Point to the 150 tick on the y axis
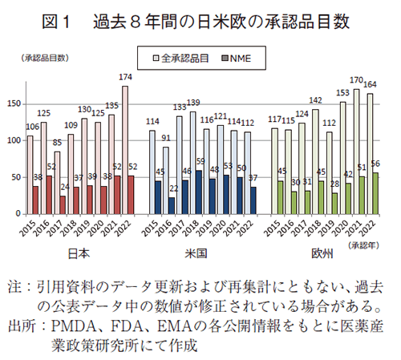(x=14, y=103)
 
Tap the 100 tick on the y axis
(x=14, y=140)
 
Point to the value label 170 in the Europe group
(x=355, y=80)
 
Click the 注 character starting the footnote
(x=15, y=286)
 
